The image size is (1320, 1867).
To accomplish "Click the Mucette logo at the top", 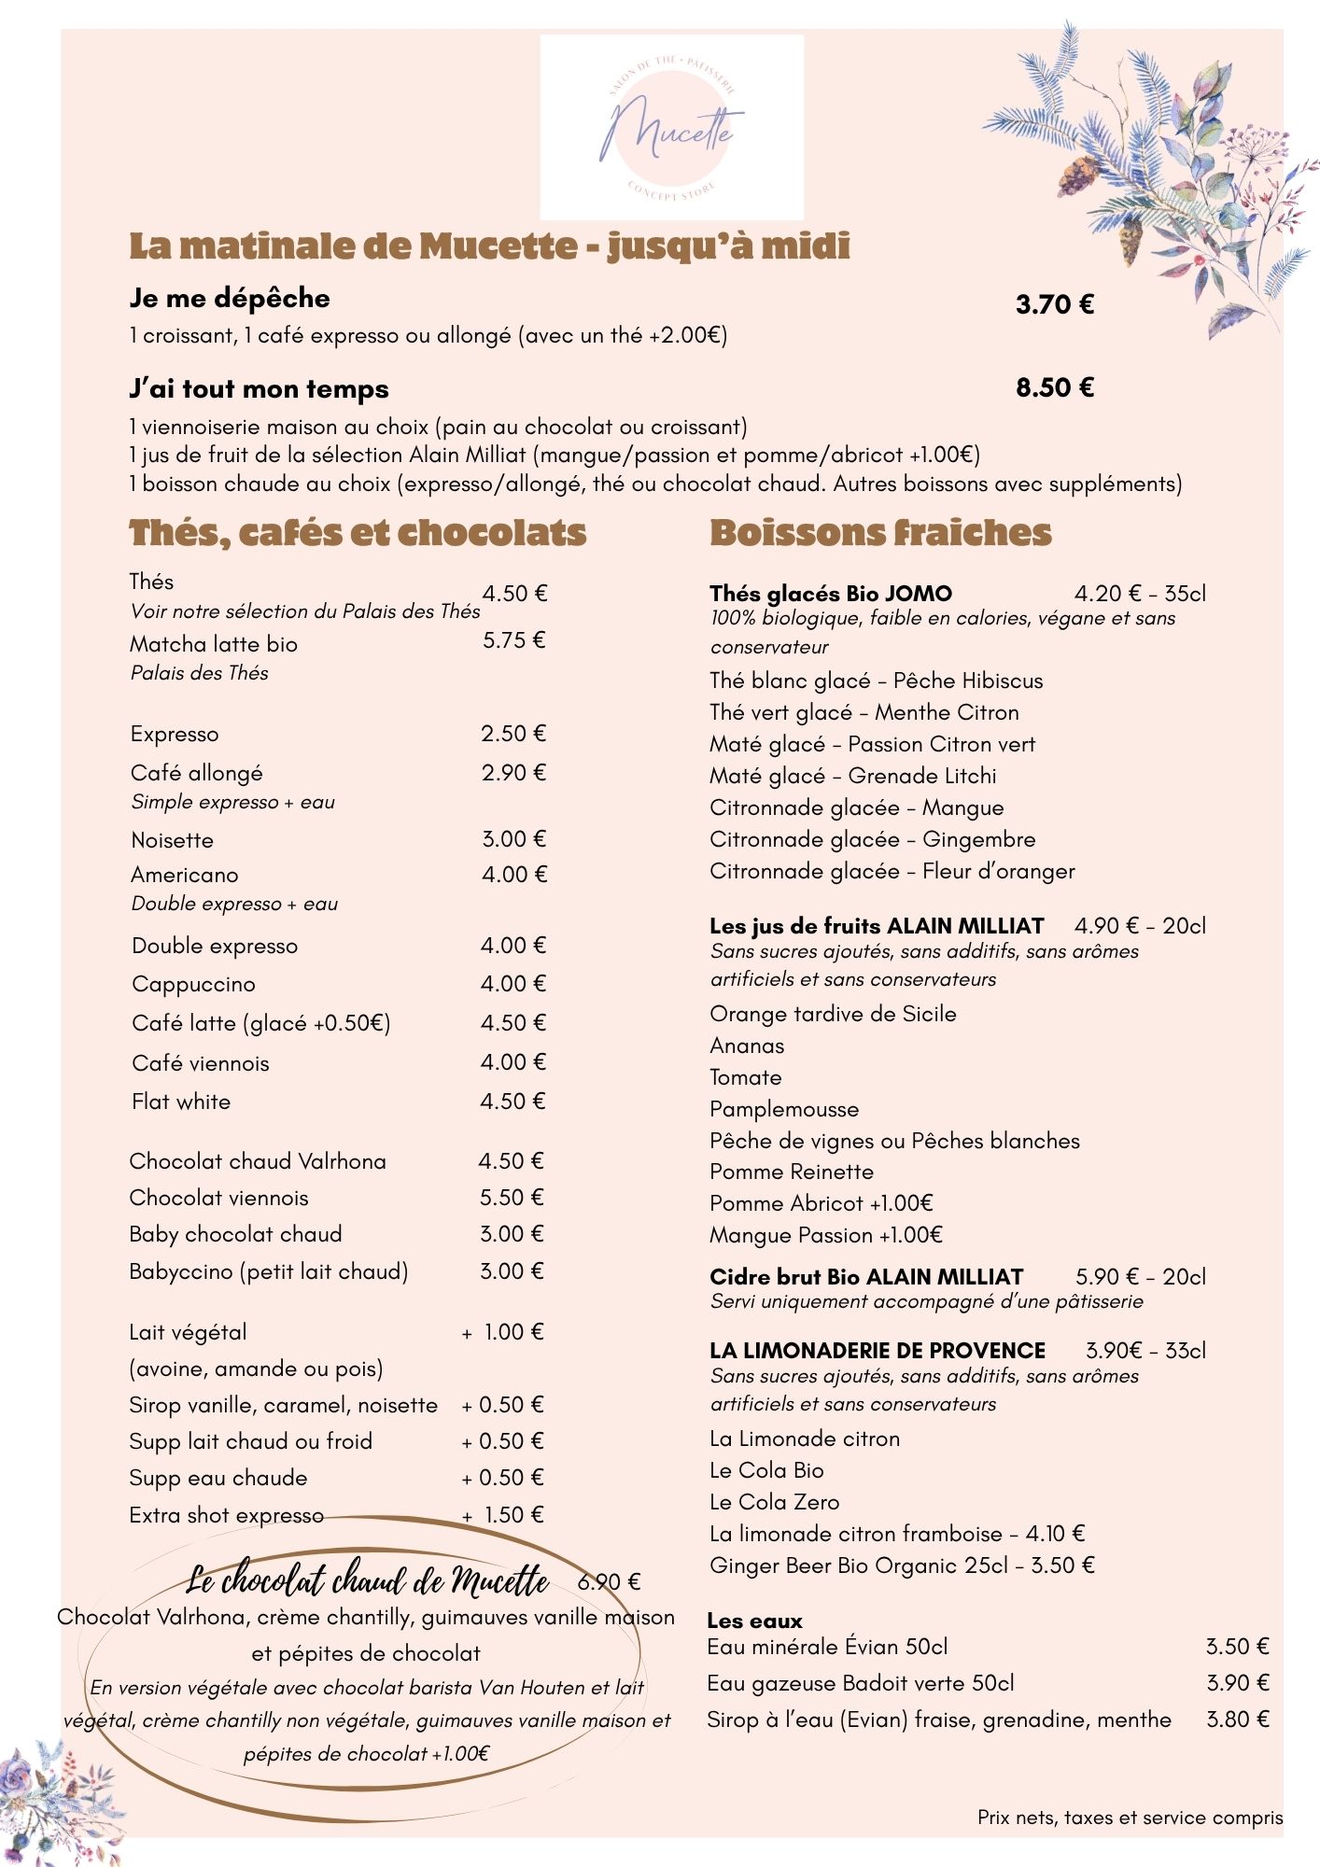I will coord(671,127).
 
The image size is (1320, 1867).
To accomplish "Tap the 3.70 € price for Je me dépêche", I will coord(1055,304).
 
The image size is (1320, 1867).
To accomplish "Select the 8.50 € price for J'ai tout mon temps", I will coord(1055,387).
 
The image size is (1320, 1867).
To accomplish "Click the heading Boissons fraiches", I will coord(880,533).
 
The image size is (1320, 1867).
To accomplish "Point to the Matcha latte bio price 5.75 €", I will coord(513,640).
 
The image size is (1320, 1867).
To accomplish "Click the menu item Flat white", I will coord(181,1102).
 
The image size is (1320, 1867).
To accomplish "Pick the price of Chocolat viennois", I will coord(512,1198).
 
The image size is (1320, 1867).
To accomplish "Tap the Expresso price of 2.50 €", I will coord(513,734).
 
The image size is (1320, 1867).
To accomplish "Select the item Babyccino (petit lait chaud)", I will coord(269,1271).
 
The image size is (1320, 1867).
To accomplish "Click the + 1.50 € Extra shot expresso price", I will coord(504,1515).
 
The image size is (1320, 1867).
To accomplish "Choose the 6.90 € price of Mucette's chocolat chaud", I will coord(609,1581).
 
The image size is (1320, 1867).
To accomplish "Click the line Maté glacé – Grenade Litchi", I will coord(853,776).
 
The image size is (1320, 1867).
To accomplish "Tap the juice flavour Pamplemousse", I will coord(784,1109).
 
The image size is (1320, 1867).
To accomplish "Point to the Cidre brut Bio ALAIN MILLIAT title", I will coord(866,1277).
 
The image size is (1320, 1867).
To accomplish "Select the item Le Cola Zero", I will coord(775,1502).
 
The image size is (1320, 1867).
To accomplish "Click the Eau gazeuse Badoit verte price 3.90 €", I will coord(1237,1683).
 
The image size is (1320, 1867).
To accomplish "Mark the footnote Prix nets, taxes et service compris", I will coord(1130,1818).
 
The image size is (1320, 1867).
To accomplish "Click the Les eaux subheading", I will coord(754,1621).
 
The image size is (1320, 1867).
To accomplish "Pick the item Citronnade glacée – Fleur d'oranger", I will coord(892,871).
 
